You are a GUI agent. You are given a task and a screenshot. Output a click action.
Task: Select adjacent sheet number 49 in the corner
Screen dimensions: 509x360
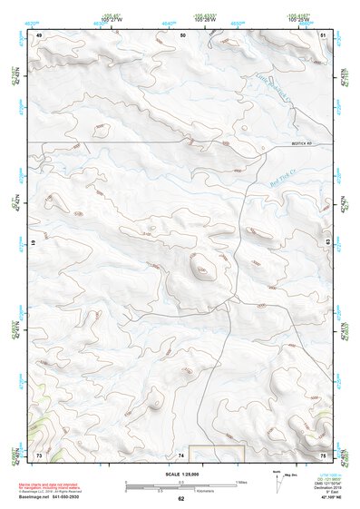click(39, 34)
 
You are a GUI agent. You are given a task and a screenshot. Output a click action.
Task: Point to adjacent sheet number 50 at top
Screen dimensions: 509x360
click(183, 34)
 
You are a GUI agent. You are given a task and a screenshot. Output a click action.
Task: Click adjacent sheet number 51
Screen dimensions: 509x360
click(325, 34)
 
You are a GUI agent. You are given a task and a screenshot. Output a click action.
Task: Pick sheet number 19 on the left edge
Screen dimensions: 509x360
click(34, 243)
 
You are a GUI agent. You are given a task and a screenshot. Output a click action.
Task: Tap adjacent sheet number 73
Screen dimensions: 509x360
click(39, 454)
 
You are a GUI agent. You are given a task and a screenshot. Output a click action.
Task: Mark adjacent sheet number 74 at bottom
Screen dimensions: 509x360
click(181, 454)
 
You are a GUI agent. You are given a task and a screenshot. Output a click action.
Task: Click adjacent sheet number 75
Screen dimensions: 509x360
click(323, 454)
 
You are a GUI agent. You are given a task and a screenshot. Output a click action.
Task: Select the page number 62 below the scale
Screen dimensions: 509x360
click(181, 498)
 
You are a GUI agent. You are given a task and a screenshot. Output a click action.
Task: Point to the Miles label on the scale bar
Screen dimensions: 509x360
click(242, 481)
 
